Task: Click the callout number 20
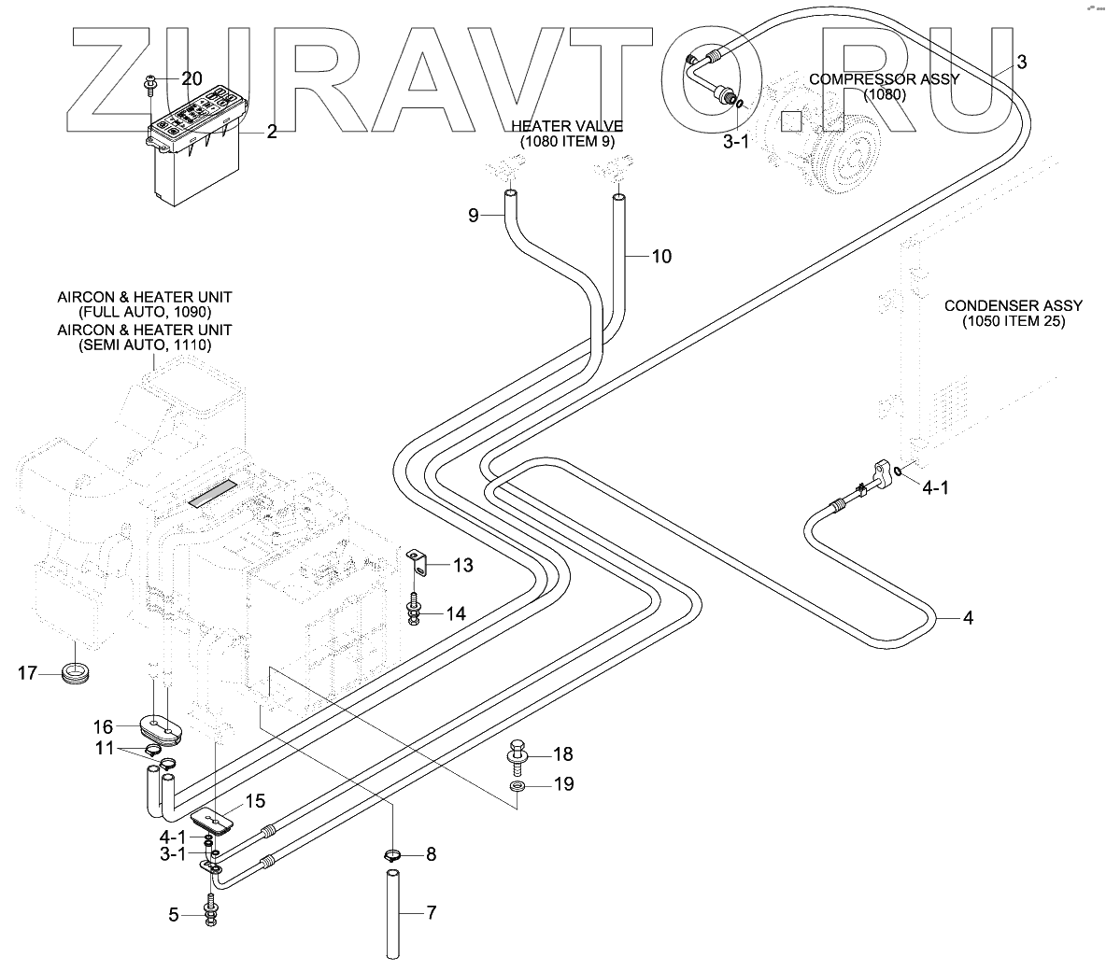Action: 191,78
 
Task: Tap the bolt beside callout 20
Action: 150,85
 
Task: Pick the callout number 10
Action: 660,256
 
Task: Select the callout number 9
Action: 474,216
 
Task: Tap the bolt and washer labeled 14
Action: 413,610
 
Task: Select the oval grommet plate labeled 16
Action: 160,727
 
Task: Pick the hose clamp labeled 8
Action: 394,854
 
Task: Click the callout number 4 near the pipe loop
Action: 967,618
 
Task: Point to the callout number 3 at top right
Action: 1021,63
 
